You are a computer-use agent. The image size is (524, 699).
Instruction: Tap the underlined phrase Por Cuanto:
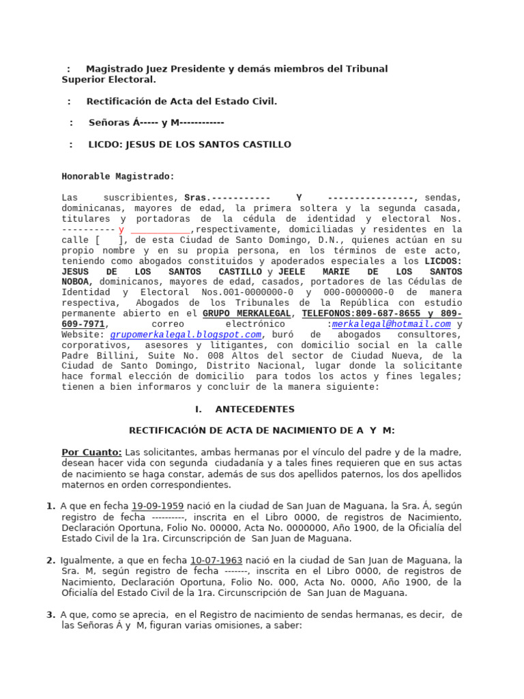click(x=91, y=453)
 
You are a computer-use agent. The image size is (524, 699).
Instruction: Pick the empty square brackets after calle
click(x=111, y=240)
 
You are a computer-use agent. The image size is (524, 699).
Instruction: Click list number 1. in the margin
click(x=50, y=506)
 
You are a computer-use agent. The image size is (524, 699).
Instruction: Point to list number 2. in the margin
click(x=50, y=560)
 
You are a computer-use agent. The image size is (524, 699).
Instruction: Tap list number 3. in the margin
click(x=50, y=615)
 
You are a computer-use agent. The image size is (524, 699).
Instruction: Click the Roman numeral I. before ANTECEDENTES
click(x=199, y=410)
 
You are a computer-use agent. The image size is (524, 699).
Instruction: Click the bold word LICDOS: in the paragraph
click(x=443, y=261)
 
